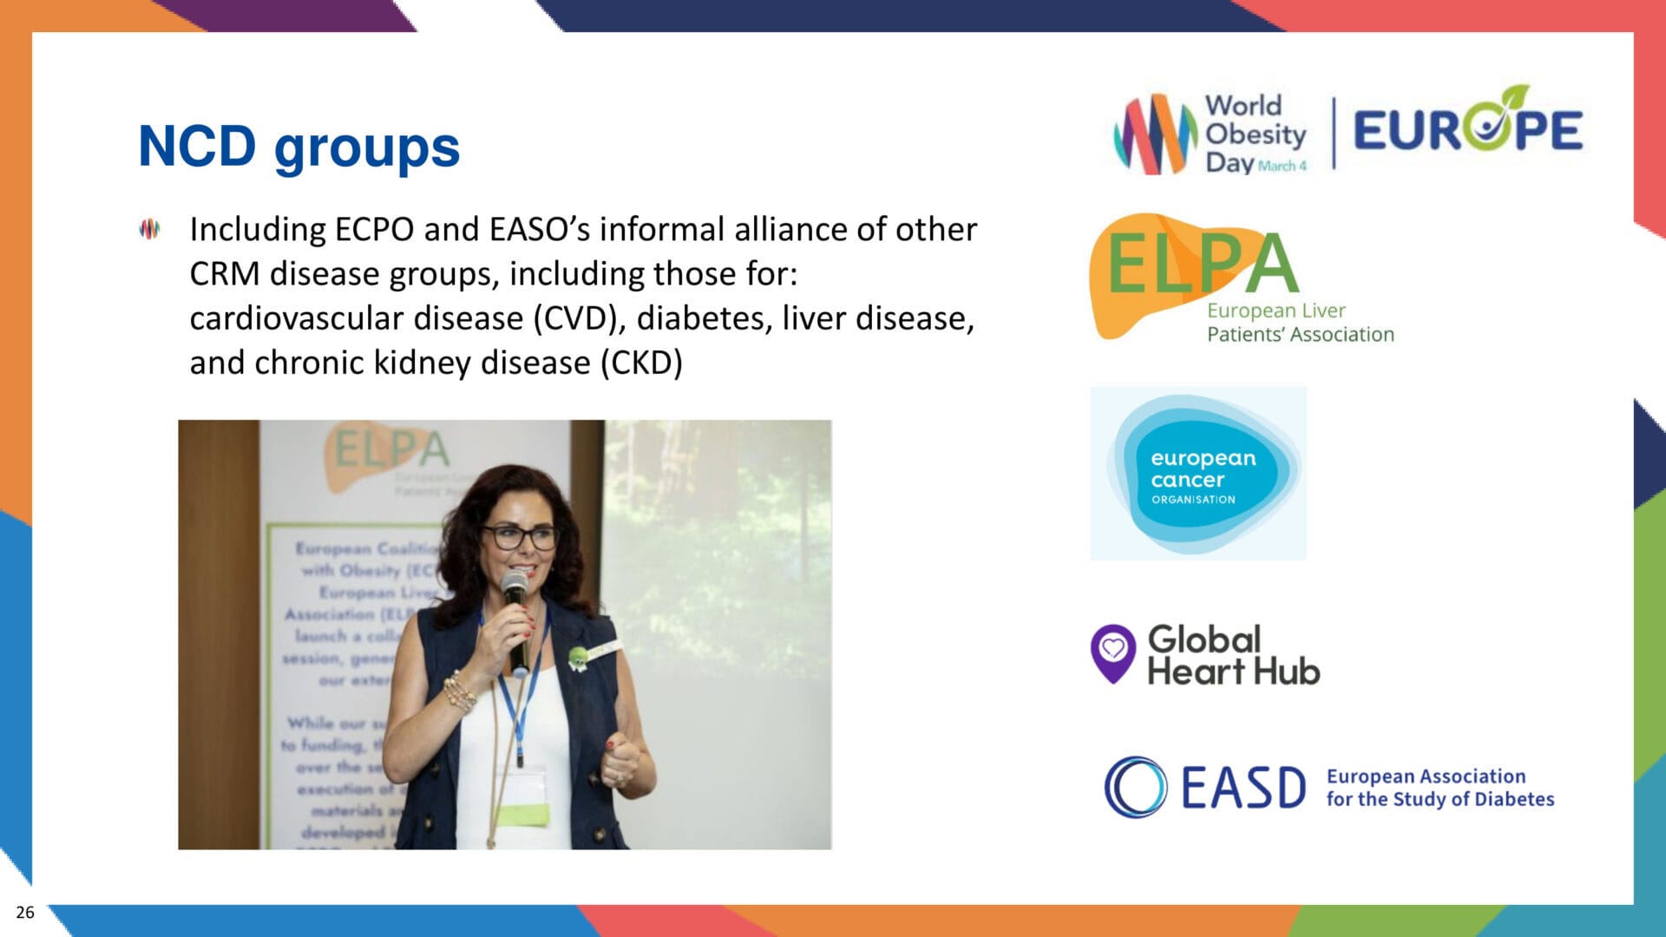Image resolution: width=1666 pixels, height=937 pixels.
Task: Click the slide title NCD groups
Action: pos(298,146)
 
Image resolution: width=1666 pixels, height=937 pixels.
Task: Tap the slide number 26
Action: pos(25,912)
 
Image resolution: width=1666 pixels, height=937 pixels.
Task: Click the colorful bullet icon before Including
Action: pos(149,229)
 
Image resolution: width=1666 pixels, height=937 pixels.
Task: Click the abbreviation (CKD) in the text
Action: pos(641,363)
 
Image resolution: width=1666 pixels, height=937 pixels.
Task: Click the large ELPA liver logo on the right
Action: pos(1197,269)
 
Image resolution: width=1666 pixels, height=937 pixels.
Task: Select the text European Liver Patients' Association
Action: pos(1299,323)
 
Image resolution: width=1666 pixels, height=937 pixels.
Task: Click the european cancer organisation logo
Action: pos(1198,474)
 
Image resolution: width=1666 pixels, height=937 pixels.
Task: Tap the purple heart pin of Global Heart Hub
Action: pos(1112,652)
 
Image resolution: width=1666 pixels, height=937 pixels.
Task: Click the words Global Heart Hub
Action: pos(1232,656)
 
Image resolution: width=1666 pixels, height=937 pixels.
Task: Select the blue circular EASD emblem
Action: pos(1135,787)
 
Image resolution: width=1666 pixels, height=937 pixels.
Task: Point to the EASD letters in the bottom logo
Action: pos(1243,788)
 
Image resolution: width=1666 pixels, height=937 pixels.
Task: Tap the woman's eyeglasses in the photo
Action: pos(519,537)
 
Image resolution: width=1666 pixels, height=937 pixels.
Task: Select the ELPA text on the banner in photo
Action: pos(392,449)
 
